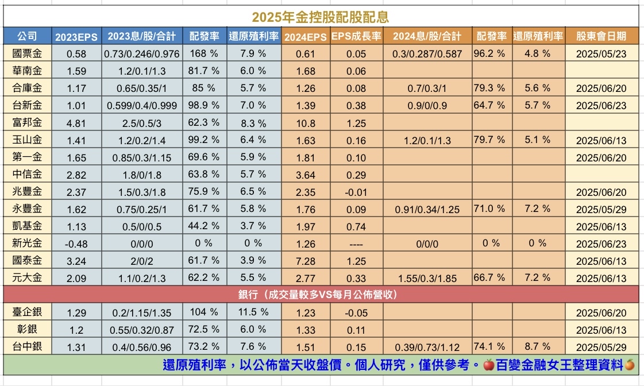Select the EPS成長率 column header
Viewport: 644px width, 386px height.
[x=356, y=37]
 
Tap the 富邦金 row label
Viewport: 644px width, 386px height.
[x=27, y=122]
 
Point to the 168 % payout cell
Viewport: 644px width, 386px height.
[x=203, y=54]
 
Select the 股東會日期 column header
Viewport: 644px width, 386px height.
[x=601, y=36]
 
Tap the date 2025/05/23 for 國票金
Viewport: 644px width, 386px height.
[x=601, y=54]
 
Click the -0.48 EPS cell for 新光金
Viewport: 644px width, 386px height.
[x=76, y=244]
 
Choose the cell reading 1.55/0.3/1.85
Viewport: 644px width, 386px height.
[x=426, y=279]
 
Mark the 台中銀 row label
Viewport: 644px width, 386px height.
[x=27, y=346]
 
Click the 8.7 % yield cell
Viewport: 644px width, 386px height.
[x=537, y=346]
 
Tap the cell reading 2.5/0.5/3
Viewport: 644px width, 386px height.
[x=142, y=123]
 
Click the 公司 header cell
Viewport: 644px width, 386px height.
[x=27, y=36]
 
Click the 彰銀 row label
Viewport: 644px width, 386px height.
[x=27, y=330]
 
